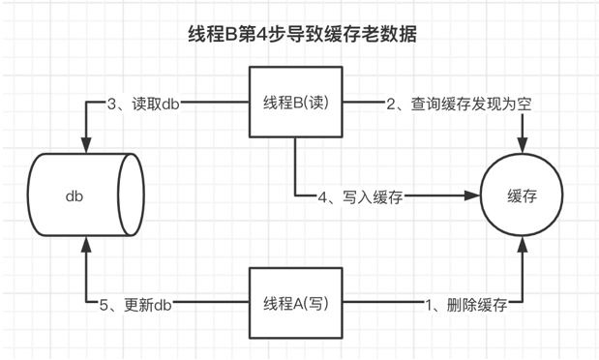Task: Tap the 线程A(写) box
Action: (296, 303)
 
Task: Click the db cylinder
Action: (85, 196)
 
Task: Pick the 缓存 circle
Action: (522, 195)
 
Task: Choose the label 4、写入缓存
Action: (359, 196)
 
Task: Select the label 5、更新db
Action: (143, 303)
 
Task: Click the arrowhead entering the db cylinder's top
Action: (85, 146)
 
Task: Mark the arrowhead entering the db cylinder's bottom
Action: (85, 248)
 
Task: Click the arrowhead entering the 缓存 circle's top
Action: (522, 146)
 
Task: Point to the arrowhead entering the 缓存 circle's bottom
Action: (522, 246)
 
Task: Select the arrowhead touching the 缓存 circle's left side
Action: (476, 196)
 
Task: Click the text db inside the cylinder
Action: (75, 196)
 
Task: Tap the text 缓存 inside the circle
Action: (522, 195)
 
